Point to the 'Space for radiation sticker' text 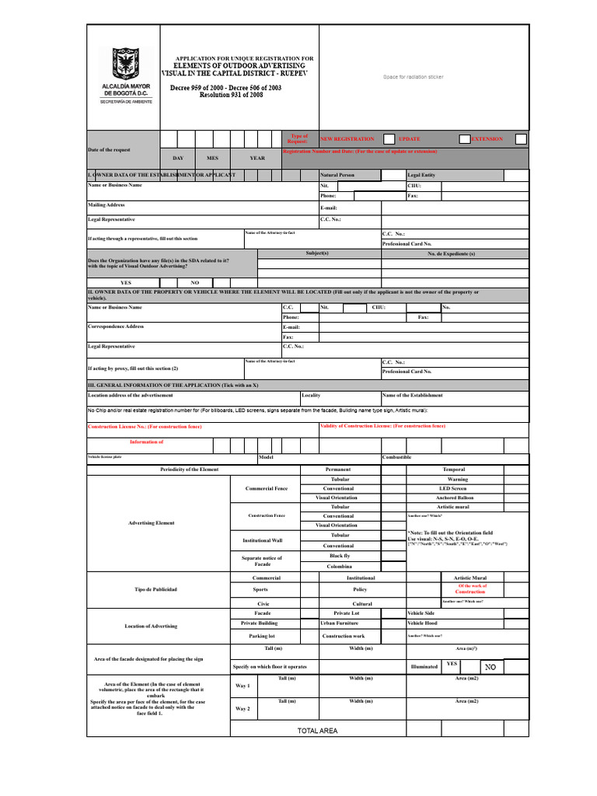click(413, 77)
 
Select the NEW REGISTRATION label click(347, 139)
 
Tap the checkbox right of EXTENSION click(521, 139)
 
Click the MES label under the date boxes click(212, 158)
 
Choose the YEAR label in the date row click(257, 158)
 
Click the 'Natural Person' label click(337, 176)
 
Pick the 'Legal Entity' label click(421, 176)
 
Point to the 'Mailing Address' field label click(106, 205)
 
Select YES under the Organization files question click(126, 283)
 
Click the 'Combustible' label click(396, 458)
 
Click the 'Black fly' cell click(340, 556)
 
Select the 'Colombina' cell click(340, 567)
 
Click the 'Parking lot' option click(262, 636)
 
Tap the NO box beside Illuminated click(490, 667)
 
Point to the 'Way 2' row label click(243, 709)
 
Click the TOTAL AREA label click(317, 731)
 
